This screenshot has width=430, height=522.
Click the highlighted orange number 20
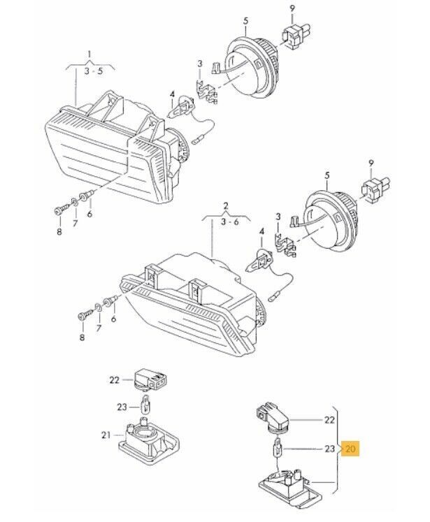(350, 449)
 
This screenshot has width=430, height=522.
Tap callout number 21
(106, 435)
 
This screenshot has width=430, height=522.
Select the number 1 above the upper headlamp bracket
(89, 54)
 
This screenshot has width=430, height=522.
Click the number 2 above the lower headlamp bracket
(226, 205)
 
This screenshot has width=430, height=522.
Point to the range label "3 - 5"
(93, 71)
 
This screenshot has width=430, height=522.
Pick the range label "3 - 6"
(230, 222)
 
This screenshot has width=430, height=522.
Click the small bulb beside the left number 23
(145, 403)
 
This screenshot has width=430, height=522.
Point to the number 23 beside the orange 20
(329, 449)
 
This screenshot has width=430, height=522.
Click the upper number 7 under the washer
(76, 223)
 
